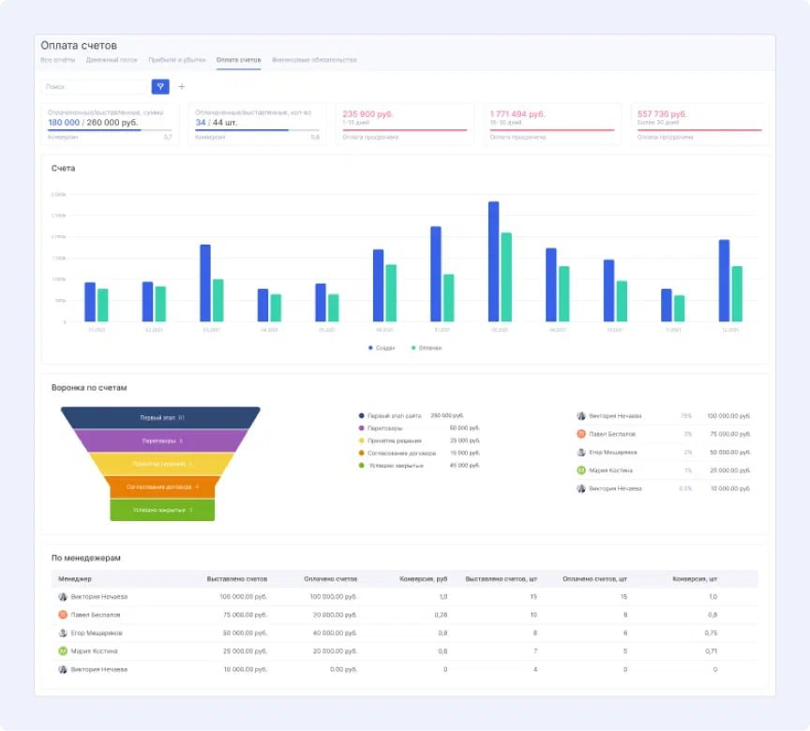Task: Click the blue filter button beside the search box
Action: [x=160, y=86]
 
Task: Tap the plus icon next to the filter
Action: [x=182, y=86]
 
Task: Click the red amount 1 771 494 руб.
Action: [x=517, y=113]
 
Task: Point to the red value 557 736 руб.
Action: [x=662, y=113]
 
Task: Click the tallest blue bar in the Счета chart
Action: [x=493, y=261]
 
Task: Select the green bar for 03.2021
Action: [x=218, y=300]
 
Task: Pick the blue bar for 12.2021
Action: [x=724, y=280]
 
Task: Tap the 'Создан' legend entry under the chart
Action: [x=382, y=348]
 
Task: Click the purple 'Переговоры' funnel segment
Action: [x=161, y=440]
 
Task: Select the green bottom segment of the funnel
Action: [x=162, y=510]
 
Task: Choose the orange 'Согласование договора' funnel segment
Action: [x=161, y=487]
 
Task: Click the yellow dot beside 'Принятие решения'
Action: [x=362, y=440]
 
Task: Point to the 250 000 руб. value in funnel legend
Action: [x=447, y=415]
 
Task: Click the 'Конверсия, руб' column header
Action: [x=424, y=579]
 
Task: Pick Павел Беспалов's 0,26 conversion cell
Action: [x=442, y=615]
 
